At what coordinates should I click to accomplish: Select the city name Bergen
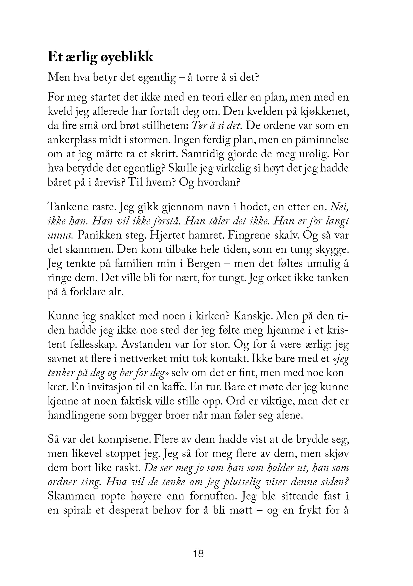pyautogui.click(x=203, y=263)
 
